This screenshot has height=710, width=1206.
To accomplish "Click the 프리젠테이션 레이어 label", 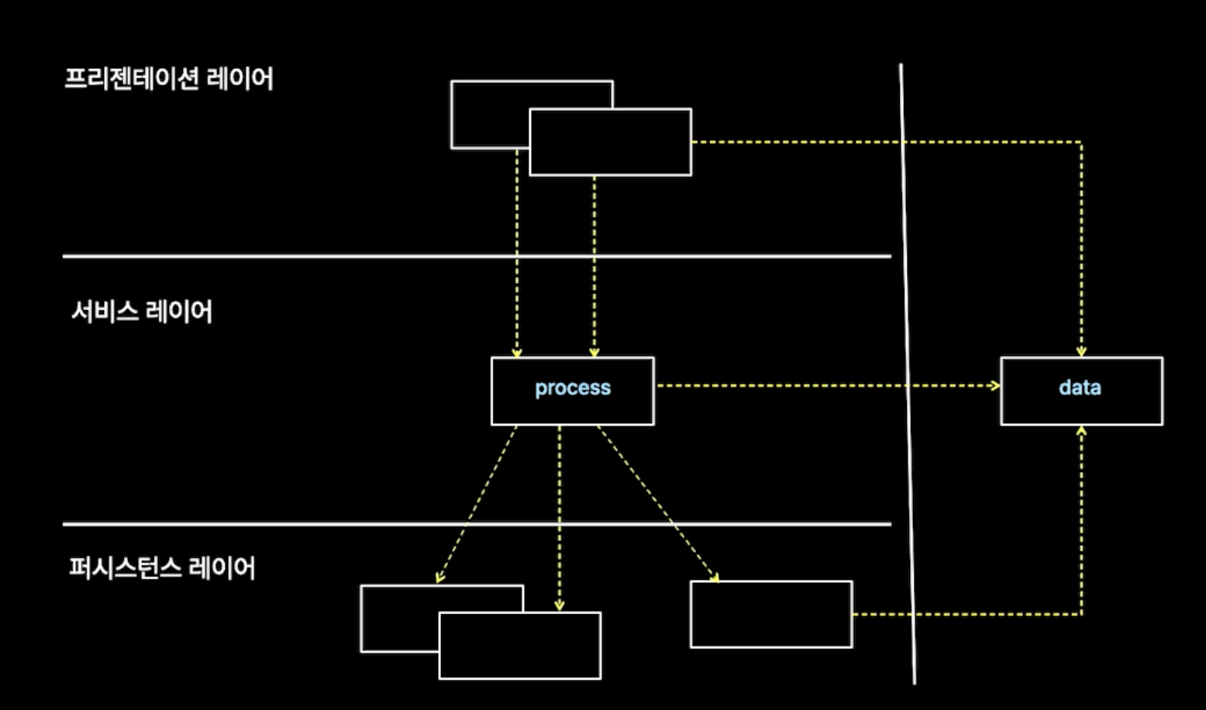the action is click(168, 79).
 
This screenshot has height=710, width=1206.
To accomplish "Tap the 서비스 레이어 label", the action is click(142, 312).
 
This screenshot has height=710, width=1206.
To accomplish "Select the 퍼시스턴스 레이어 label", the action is click(162, 568).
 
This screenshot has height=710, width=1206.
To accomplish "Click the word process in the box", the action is click(573, 388).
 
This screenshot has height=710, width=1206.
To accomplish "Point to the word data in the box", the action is click(1080, 388).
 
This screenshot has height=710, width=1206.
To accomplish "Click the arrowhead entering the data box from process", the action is click(995, 385).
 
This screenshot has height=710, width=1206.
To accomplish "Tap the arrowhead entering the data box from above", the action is click(1081, 352).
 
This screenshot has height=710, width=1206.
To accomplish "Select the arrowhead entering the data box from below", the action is click(1081, 430).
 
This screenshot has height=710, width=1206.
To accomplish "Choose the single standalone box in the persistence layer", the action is click(771, 614).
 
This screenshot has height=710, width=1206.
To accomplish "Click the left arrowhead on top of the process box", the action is click(517, 353).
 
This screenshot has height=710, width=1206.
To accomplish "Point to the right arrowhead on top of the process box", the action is click(594, 353).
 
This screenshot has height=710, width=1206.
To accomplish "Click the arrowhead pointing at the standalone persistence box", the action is click(715, 577).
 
